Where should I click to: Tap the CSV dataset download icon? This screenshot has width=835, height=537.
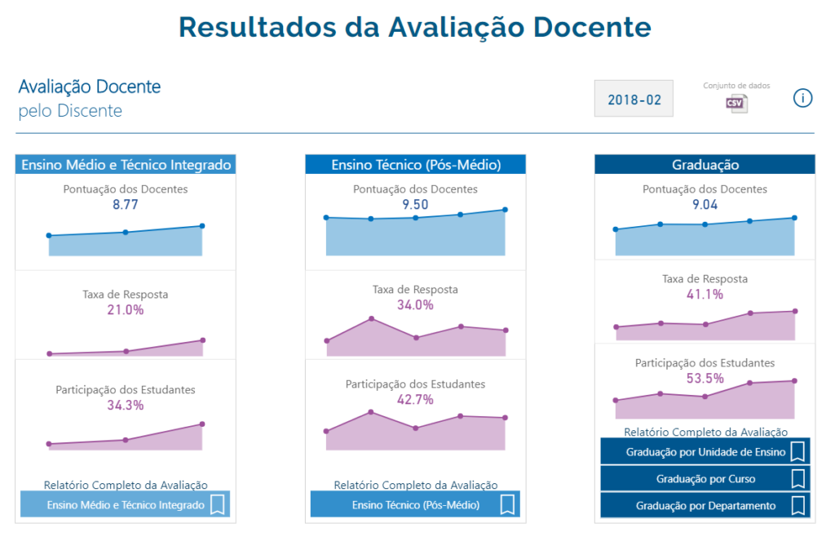tap(736, 103)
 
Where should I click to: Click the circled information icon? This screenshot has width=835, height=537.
tap(802, 99)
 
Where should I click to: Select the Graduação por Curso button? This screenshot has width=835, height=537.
tap(705, 478)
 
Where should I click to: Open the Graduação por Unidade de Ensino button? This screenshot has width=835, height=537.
tap(705, 451)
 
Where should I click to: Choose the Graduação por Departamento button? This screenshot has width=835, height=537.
tap(705, 505)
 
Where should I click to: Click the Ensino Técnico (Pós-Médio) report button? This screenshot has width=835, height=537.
tap(416, 504)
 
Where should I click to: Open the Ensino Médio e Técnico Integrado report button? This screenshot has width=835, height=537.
tap(125, 504)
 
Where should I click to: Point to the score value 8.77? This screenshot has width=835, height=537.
tap(125, 205)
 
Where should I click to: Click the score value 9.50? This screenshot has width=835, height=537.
tap(415, 205)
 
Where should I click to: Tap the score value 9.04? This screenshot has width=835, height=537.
tap(705, 205)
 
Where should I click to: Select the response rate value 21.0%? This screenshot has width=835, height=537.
tap(125, 310)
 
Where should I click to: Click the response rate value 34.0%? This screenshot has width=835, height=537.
tap(415, 305)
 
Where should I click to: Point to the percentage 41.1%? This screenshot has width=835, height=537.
tap(705, 295)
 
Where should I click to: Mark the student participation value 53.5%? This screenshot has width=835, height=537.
tap(705, 379)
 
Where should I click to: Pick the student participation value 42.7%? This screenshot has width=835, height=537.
tap(415, 400)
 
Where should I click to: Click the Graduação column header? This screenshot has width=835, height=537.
tap(705, 164)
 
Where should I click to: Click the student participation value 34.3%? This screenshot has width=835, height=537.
tap(125, 405)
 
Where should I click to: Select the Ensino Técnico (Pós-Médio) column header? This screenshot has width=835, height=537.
tap(416, 164)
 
